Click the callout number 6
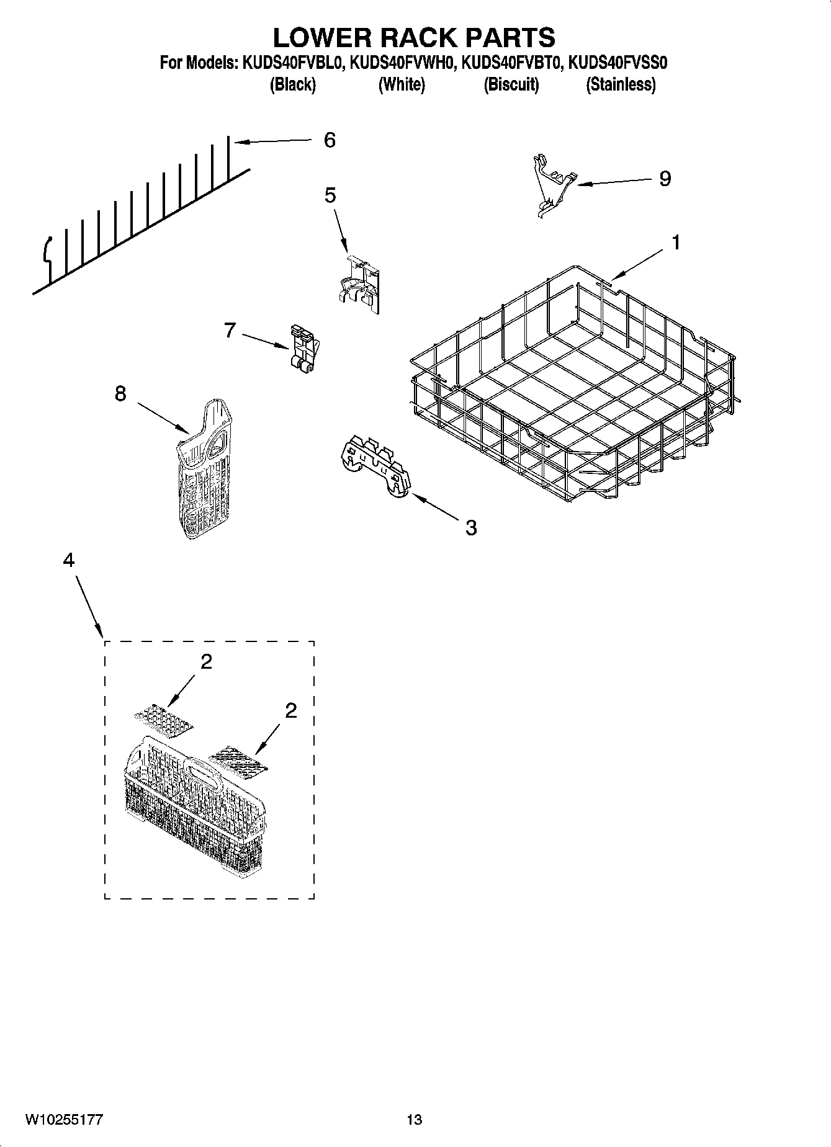[x=330, y=140]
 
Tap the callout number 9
[x=665, y=179]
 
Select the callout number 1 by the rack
[x=676, y=243]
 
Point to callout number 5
[x=330, y=196]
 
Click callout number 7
[x=230, y=331]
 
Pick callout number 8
[x=120, y=393]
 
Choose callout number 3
[x=471, y=528]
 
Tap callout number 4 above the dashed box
[x=69, y=560]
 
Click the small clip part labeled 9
[x=552, y=185]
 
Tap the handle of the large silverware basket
[x=202, y=769]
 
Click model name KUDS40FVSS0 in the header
[x=618, y=63]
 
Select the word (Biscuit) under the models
[x=511, y=85]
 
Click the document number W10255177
[x=64, y=1120]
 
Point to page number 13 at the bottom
[x=415, y=1120]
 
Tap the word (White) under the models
[x=402, y=85]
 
